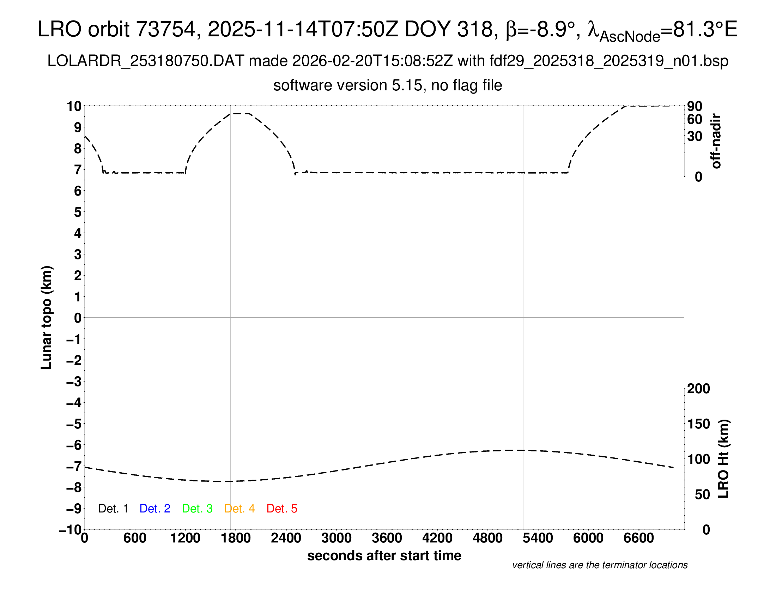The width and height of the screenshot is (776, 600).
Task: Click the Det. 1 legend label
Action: pos(113,508)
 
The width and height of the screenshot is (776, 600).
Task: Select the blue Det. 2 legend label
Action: pos(155,508)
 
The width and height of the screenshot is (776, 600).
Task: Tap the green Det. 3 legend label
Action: pos(197,508)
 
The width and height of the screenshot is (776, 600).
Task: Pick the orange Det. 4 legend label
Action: pos(240,508)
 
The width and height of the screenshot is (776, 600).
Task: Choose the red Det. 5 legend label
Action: pos(282,508)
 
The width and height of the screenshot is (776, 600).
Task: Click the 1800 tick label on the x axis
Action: pos(236,538)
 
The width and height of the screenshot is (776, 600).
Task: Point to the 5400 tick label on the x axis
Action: pos(538,538)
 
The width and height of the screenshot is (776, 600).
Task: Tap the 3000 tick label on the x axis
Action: pos(337,538)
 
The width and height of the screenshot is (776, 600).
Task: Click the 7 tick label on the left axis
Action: pos(78,170)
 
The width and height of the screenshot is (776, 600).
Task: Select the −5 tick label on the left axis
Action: pos(74,424)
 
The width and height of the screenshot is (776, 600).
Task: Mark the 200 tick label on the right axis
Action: pos(698,389)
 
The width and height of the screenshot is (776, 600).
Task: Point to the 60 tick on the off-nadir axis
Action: pos(695,119)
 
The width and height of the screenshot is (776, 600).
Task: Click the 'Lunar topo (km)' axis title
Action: pos(47,317)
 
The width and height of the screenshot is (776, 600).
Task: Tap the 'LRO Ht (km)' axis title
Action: pos(723,458)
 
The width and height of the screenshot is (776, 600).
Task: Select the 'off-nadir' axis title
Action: pos(716,141)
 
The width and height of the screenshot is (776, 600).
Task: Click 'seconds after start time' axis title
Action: pos(384,556)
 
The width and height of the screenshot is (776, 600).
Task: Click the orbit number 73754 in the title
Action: pos(165,29)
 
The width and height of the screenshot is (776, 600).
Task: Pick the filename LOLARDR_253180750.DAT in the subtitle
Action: pos(146,61)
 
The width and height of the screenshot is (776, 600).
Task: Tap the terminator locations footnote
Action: pos(600,565)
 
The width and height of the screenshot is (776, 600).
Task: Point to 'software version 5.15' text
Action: pos(348,85)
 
